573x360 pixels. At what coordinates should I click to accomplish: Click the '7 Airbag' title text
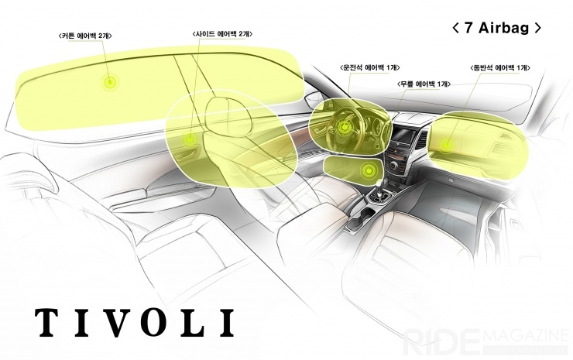click(497, 28)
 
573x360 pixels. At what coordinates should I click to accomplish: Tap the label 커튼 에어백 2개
click(84, 36)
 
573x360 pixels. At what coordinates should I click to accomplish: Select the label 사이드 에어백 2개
click(222, 34)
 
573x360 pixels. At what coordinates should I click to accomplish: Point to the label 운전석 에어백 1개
click(370, 67)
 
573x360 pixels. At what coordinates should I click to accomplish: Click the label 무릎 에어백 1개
click(424, 84)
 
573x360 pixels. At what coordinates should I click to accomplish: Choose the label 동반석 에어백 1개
click(500, 67)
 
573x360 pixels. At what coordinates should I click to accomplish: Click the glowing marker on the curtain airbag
click(110, 83)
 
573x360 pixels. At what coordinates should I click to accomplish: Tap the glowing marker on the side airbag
click(190, 139)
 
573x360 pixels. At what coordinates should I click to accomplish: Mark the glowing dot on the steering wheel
click(344, 127)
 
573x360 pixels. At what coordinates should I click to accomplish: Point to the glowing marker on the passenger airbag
click(446, 145)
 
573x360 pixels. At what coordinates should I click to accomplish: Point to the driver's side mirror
click(314, 98)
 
